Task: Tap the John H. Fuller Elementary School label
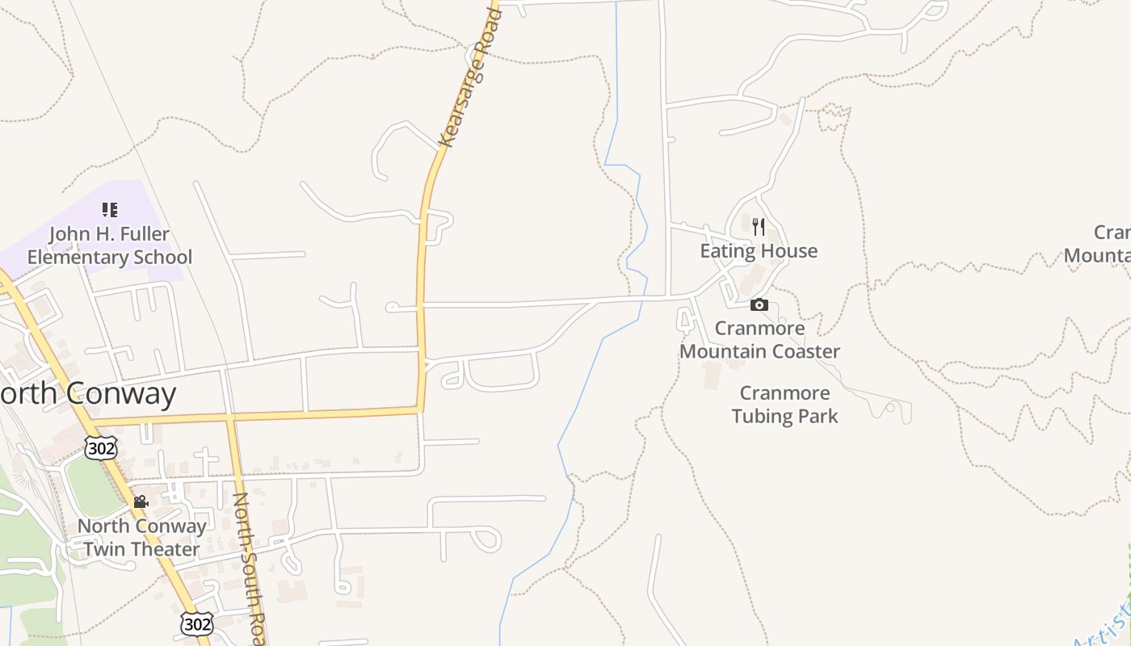(x=110, y=245)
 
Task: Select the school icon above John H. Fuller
(x=110, y=211)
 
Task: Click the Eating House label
(x=758, y=251)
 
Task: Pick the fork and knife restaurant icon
(x=758, y=226)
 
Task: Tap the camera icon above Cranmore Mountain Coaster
(x=759, y=304)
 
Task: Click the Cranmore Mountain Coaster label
(x=759, y=340)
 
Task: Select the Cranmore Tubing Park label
(x=784, y=405)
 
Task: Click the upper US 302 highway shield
(x=101, y=448)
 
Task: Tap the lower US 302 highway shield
(x=196, y=623)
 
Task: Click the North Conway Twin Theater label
(x=141, y=538)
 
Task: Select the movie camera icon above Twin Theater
(x=141, y=502)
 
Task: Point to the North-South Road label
(x=249, y=565)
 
